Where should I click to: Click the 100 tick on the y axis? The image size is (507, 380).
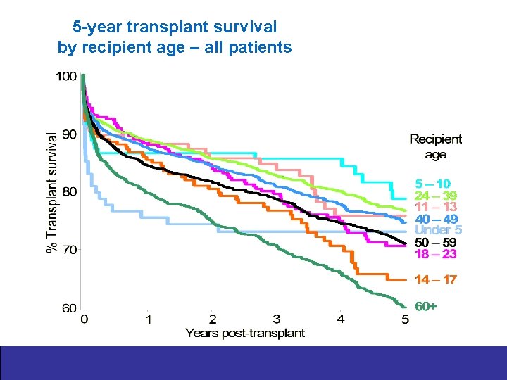[x=67, y=76]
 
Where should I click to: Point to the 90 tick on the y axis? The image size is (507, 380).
[x=69, y=134]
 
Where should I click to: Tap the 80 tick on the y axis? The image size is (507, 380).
[x=69, y=191]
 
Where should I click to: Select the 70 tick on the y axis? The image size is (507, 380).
[x=69, y=249]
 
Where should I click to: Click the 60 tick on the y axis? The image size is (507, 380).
[x=69, y=308]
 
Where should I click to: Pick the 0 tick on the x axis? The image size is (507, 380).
[x=84, y=319]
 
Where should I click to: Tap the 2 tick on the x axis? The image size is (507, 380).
[x=213, y=319]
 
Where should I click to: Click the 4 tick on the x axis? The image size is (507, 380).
[x=341, y=319]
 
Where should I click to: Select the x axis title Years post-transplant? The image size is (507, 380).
[x=245, y=333]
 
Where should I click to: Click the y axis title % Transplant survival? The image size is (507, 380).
[x=51, y=191]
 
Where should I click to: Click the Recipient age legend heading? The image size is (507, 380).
[x=436, y=147]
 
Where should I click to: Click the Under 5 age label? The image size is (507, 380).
[x=437, y=230]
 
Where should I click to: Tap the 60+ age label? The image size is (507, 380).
[x=426, y=307]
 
